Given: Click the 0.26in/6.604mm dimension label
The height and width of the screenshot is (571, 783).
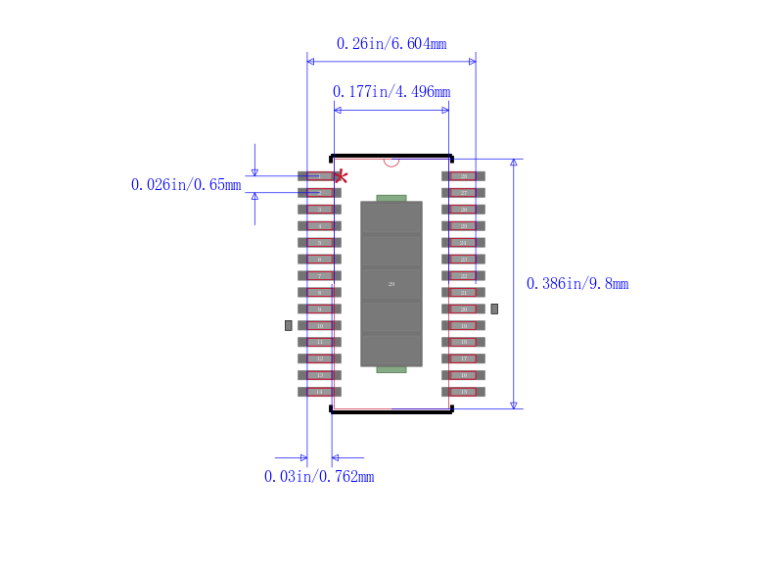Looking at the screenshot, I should click(x=391, y=44).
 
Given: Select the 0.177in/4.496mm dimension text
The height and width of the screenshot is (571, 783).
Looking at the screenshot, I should click(x=391, y=92).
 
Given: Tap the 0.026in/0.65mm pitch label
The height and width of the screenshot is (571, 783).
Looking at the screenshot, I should click(x=186, y=184).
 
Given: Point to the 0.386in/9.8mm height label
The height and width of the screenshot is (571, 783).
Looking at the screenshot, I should click(x=577, y=284).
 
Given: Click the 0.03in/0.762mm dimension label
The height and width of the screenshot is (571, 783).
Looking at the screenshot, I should click(x=319, y=477).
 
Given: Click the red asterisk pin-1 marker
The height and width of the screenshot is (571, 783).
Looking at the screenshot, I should click(x=341, y=176).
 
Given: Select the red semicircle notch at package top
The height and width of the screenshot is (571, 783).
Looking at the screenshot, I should click(x=391, y=162).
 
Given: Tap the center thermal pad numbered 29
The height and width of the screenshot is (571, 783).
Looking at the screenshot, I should click(x=391, y=284).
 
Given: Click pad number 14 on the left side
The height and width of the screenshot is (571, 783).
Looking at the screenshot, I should click(x=319, y=392).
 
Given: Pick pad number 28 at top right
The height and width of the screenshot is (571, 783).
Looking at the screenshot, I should click(x=463, y=176).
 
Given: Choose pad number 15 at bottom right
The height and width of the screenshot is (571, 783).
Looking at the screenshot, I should click(x=463, y=392).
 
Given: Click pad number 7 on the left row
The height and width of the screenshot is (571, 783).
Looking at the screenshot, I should click(x=319, y=276).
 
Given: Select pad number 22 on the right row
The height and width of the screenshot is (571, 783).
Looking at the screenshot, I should click(x=463, y=276).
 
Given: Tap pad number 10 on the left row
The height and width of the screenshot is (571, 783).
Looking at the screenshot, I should click(x=319, y=325).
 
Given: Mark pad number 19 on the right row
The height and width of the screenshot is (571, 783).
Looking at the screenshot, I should click(x=463, y=325).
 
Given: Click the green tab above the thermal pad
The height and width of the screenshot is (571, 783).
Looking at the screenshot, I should click(x=391, y=198).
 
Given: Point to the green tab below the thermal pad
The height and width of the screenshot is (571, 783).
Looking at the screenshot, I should click(x=391, y=369).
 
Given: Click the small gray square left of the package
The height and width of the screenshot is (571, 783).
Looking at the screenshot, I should click(x=288, y=324).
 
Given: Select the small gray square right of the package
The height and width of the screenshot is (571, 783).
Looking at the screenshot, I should click(x=494, y=309).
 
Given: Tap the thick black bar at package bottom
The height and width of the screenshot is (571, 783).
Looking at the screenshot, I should click(x=391, y=411).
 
